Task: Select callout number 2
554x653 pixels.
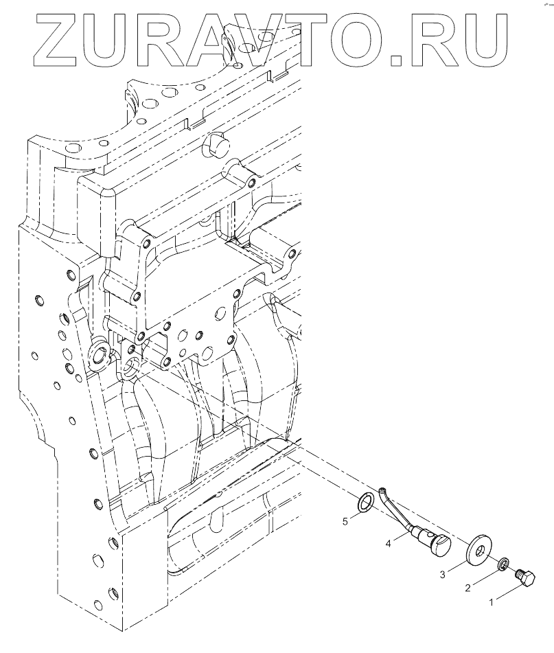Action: coord(468,587)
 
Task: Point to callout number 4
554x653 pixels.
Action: coord(389,543)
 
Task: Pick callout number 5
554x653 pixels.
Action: coord(345,521)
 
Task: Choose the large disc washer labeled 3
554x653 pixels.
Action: coord(476,552)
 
